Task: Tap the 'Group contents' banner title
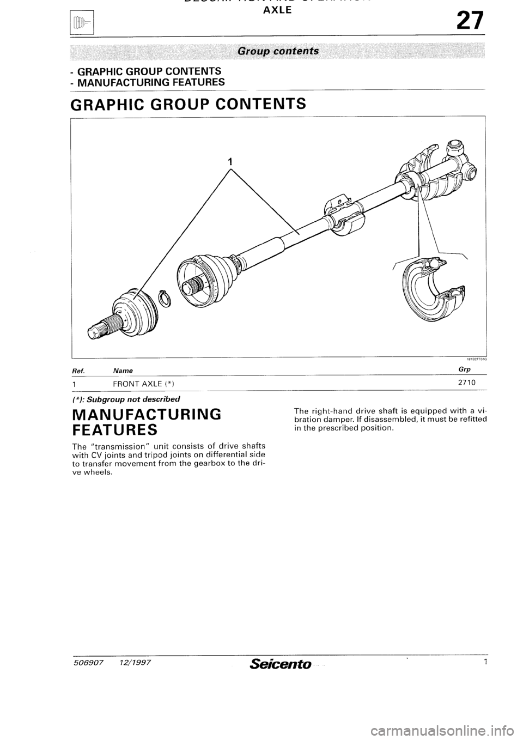(278, 51)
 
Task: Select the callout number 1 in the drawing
(230, 161)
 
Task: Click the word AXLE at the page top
(278, 9)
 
